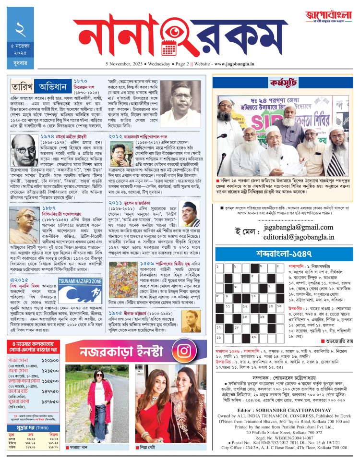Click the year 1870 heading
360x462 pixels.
point(80,81)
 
